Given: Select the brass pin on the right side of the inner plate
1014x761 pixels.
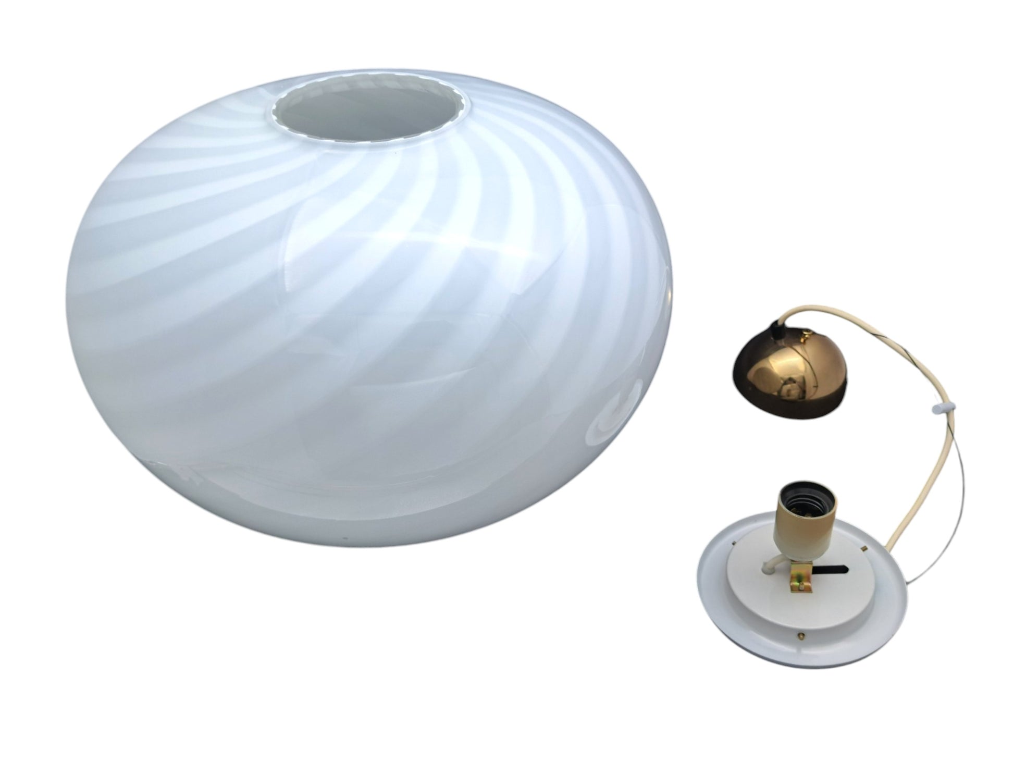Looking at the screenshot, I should [x=864, y=549].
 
